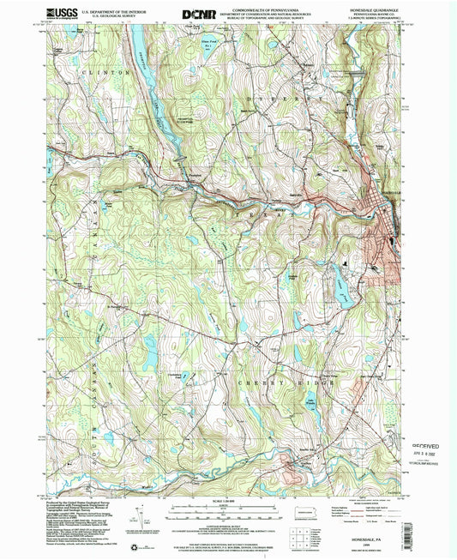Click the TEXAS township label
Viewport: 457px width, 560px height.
[257, 208]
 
